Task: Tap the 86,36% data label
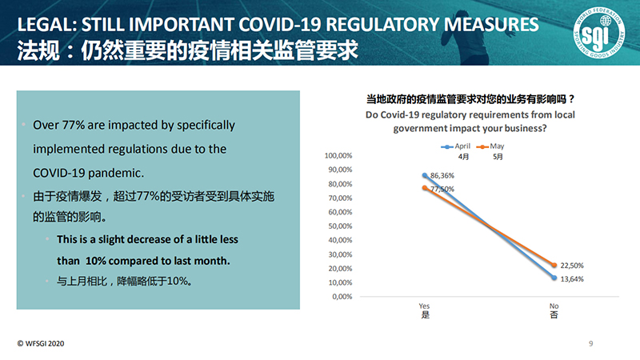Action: pyautogui.click(x=442, y=174)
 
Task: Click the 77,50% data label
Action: pyautogui.click(x=442, y=189)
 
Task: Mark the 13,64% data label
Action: pyautogui.click(x=574, y=278)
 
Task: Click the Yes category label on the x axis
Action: pyautogui.click(x=425, y=306)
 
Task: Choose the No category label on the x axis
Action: pyautogui.click(x=554, y=306)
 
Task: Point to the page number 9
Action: pyautogui.click(x=591, y=344)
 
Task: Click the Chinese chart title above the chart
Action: pyautogui.click(x=470, y=100)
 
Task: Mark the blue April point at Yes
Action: pyautogui.click(x=425, y=174)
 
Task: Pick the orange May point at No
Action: pyautogui.click(x=554, y=265)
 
